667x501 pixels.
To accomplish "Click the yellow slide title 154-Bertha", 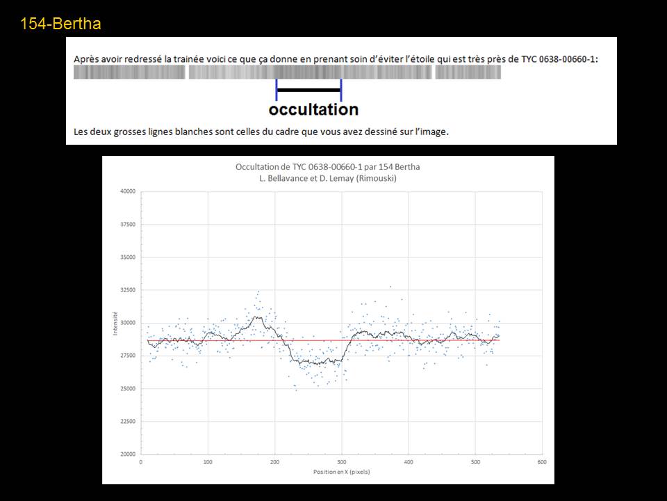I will (60, 24).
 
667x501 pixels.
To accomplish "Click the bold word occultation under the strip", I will (313, 110).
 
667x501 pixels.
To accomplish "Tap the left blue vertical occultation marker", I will (277, 90).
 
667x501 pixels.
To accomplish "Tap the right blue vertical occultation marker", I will (341, 90).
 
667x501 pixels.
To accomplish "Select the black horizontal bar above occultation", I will (308, 90).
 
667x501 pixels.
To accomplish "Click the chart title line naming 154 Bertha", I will (327, 167).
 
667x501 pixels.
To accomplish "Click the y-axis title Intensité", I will (115, 323).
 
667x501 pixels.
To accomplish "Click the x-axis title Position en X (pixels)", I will (340, 472).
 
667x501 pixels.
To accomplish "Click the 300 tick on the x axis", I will (341, 461).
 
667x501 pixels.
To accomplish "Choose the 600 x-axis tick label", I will (541, 461).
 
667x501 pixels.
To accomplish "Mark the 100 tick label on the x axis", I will (208, 461).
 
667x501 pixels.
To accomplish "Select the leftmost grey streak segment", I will (129, 72).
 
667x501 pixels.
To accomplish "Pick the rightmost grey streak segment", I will (468, 72).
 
